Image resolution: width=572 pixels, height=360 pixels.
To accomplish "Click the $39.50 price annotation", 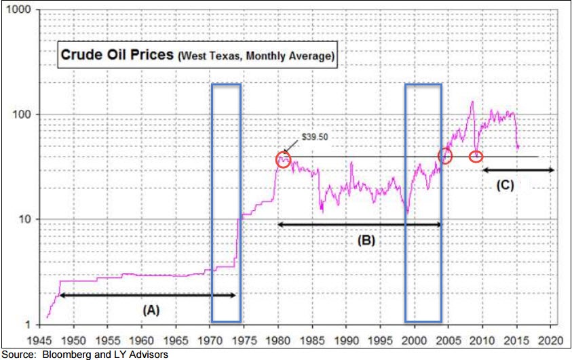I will pos(315,136).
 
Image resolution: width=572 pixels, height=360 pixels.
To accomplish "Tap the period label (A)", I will pos(151,310).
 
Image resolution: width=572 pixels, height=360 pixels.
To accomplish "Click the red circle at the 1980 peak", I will pos(284,159).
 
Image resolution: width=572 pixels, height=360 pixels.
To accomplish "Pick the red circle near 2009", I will pos(476,157).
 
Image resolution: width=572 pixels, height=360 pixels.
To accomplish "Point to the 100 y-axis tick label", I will pos(22,115).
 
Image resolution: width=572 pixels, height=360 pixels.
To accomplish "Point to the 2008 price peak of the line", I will pos(472,102).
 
